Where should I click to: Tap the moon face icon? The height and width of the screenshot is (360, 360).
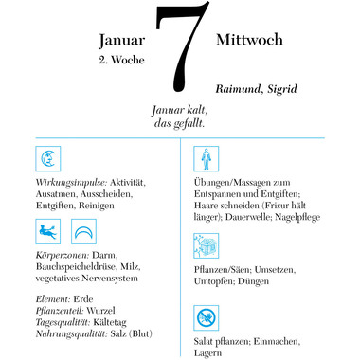47,157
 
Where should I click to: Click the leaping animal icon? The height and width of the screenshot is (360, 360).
47,229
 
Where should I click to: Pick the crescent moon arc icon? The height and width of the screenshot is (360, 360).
84,229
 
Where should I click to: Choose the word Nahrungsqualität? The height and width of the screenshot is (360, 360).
69,333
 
